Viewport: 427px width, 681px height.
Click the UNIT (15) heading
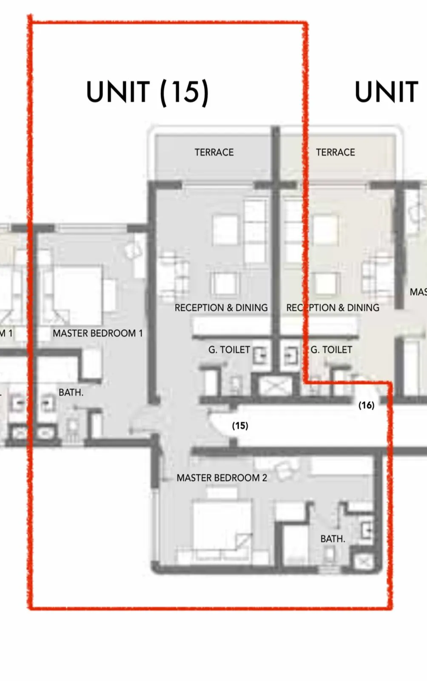coord(148,92)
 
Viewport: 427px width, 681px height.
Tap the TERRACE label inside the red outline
coord(214,152)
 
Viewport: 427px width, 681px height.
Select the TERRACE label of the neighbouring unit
coord(335,152)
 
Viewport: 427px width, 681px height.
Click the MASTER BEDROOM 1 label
coord(97,333)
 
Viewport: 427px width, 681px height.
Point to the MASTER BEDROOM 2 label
coord(222,478)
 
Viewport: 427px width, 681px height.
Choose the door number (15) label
coord(240,426)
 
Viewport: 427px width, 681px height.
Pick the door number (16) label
coord(366,405)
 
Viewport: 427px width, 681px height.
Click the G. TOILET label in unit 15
coord(229,349)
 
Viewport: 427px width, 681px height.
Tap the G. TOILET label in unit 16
coord(331,349)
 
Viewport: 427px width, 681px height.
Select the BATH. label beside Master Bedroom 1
coord(71,392)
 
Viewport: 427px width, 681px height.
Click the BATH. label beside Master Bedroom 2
coord(333,539)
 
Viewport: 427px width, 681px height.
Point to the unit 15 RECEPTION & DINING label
coord(221,308)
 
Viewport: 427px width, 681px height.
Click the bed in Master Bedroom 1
coord(78,294)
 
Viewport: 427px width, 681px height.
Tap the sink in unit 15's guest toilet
coord(260,355)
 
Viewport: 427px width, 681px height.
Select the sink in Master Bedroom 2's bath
coord(367,530)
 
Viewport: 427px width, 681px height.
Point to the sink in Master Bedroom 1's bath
coord(48,403)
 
